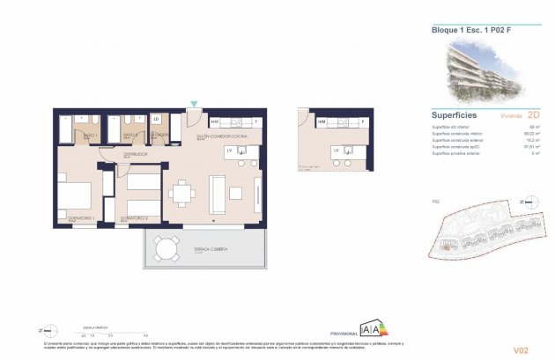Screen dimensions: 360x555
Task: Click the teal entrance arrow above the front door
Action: point(194,104)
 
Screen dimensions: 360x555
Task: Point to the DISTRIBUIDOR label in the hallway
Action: point(135,153)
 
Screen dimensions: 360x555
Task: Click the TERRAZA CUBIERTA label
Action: point(210,250)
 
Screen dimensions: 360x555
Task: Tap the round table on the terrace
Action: point(164,248)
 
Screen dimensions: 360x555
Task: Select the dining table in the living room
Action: point(182,193)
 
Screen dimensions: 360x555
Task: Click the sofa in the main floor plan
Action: point(218,193)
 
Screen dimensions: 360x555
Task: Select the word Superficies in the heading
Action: point(455,114)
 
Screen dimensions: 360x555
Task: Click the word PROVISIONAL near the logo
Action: point(343,334)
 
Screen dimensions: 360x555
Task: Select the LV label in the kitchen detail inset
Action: point(336,151)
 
